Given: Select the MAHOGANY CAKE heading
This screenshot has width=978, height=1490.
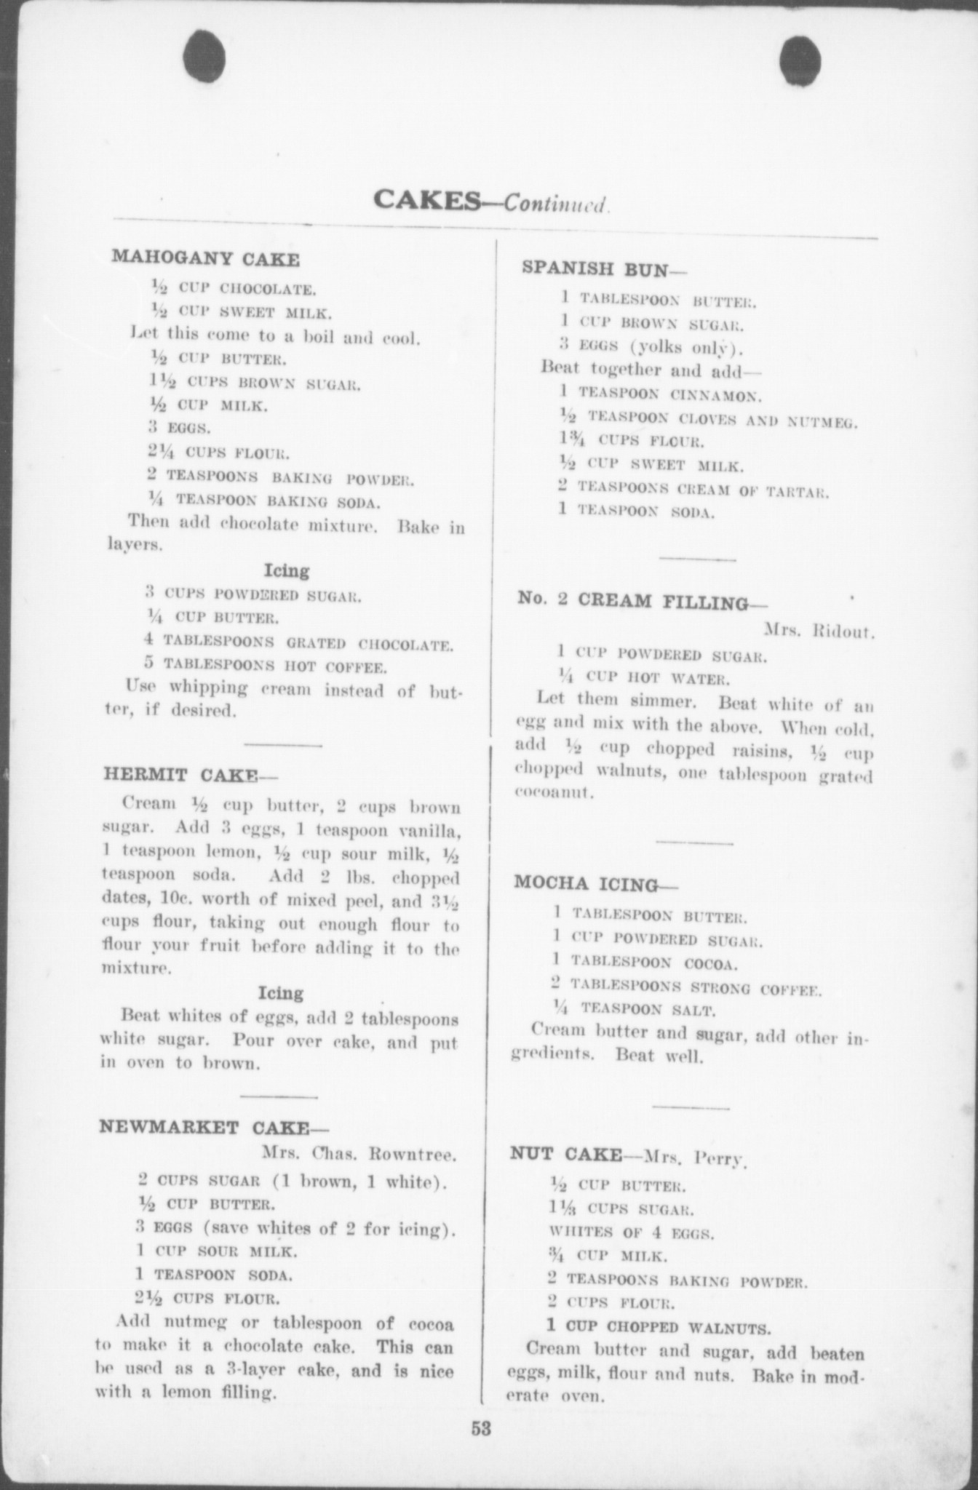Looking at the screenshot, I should pos(205,258).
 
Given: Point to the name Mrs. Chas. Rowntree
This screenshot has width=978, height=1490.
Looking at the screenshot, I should pos(359,1154).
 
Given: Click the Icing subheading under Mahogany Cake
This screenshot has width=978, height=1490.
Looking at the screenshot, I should pos(286,570).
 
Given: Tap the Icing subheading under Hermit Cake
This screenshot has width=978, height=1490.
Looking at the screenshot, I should pos(281,993).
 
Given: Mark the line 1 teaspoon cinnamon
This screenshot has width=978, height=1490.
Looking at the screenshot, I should pos(661,396).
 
